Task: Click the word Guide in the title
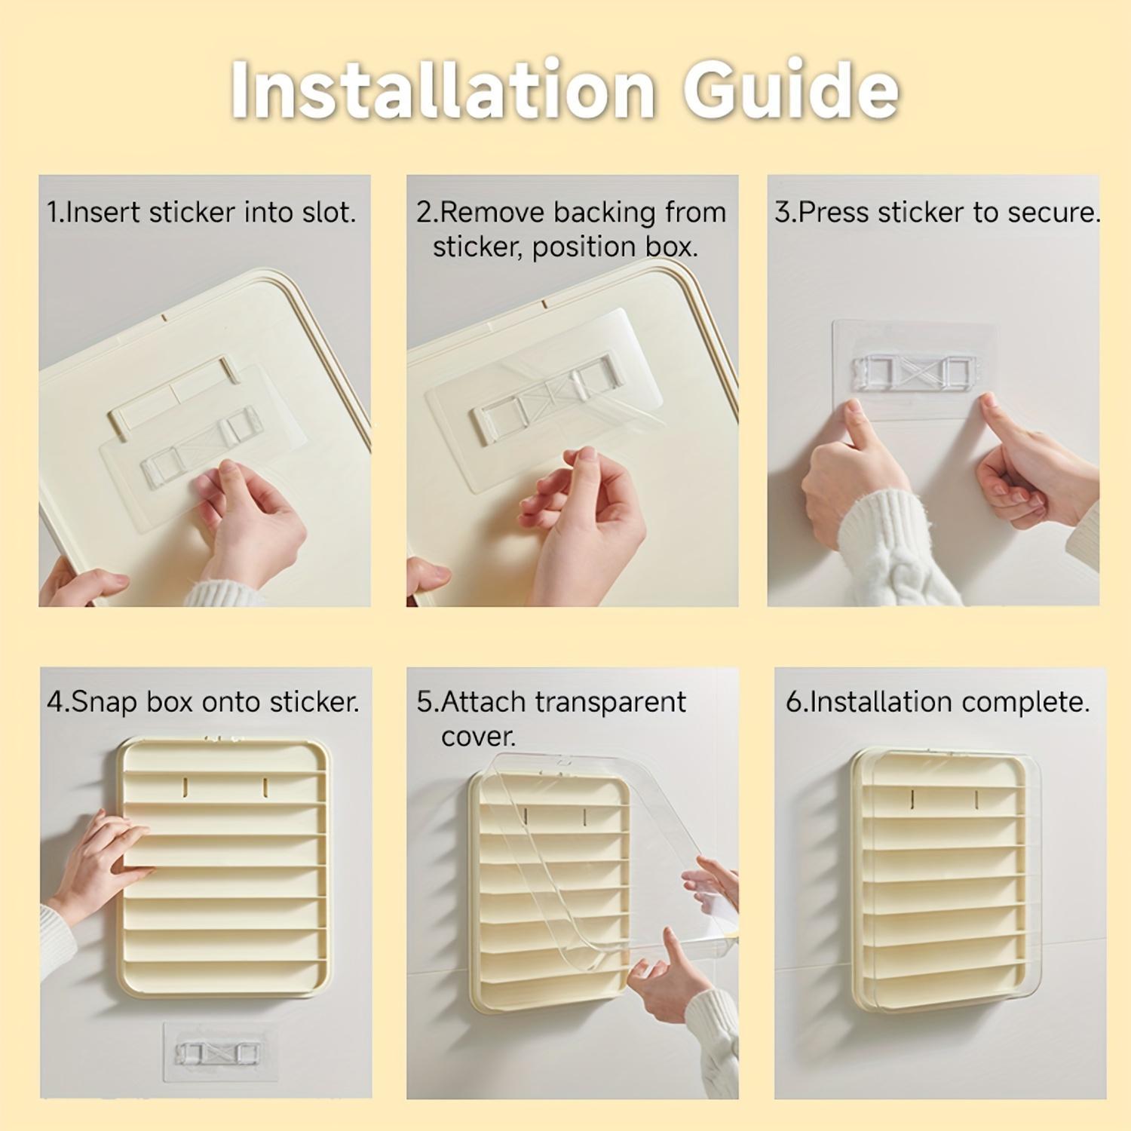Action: point(791,91)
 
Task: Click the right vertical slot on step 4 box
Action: point(265,787)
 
